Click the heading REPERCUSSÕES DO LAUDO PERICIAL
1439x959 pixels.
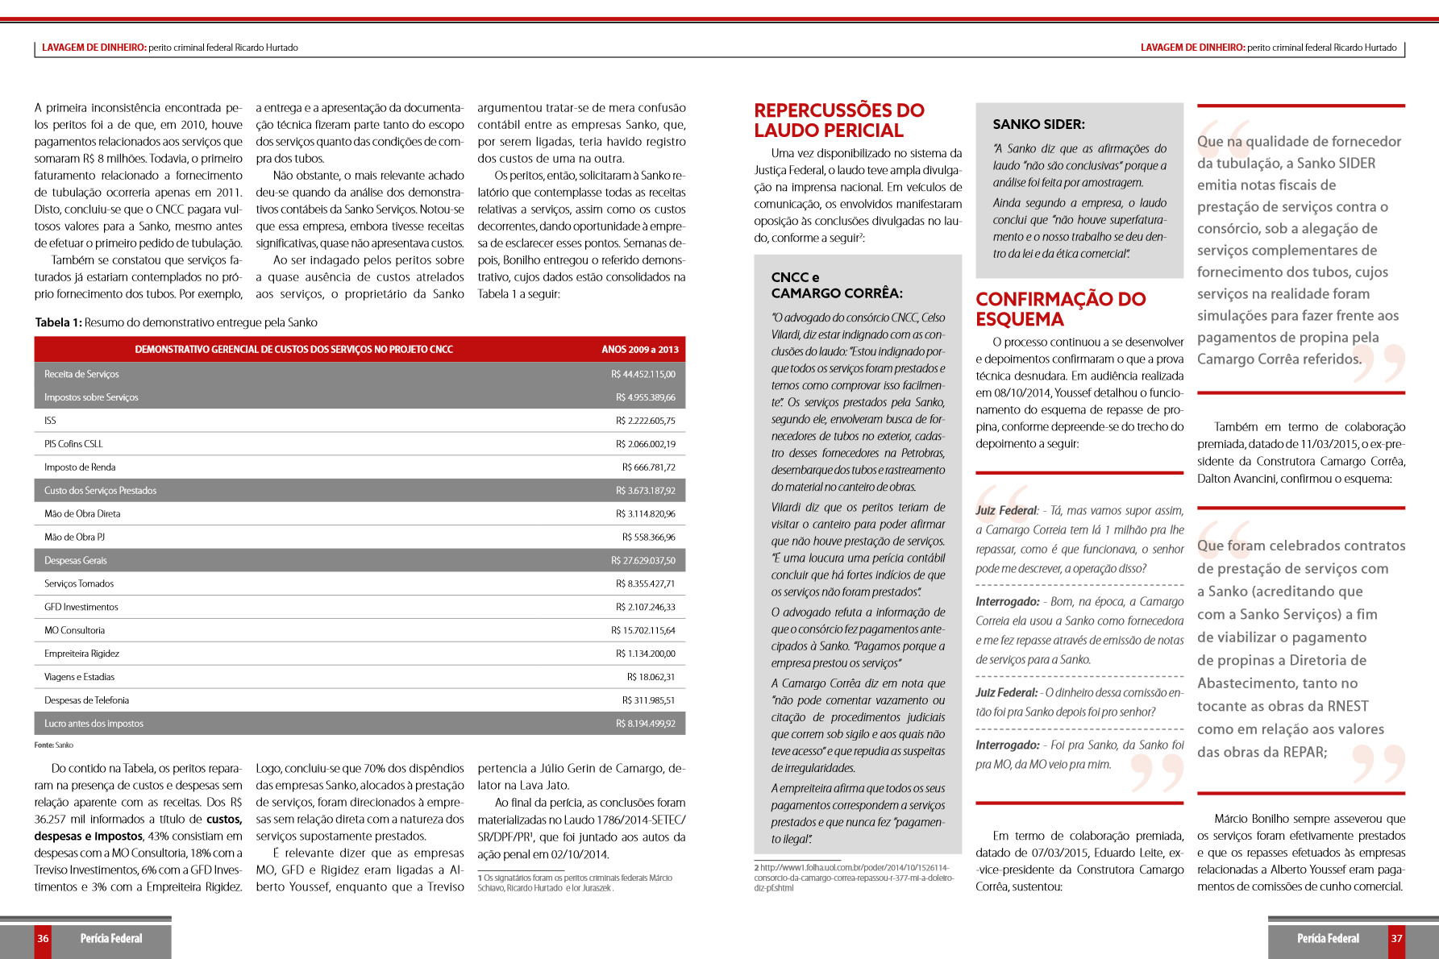pos(839,120)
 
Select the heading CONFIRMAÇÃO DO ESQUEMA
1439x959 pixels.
pos(1060,309)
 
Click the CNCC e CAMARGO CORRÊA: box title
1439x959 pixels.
pos(837,285)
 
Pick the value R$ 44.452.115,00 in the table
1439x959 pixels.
pos(643,374)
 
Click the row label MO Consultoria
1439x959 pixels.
pos(74,630)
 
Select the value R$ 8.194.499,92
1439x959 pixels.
pos(645,724)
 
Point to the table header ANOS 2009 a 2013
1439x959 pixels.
pos(639,349)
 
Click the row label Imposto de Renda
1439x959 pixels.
pos(80,467)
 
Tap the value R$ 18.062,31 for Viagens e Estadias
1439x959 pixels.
pos(651,677)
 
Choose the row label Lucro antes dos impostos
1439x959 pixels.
pos(94,724)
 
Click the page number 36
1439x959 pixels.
pos(43,938)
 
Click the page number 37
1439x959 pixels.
pos(1396,938)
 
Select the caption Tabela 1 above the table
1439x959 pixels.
pos(176,322)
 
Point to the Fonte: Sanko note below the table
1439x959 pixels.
pos(53,745)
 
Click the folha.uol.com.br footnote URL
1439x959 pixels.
pos(854,878)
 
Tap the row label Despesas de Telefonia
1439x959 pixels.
pos(86,700)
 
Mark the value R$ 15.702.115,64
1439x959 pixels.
pos(643,630)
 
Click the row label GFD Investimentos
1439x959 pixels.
pos(81,607)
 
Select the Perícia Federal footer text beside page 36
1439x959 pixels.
pos(111,938)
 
